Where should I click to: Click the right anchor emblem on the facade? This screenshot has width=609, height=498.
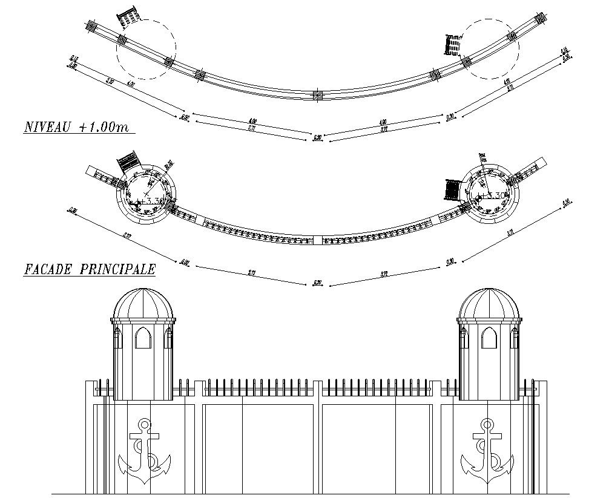pos(487,451)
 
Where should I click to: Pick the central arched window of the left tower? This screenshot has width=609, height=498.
pos(143,338)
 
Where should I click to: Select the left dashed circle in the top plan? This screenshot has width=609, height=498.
pos(146,48)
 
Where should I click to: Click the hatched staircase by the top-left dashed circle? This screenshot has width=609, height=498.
pos(129,17)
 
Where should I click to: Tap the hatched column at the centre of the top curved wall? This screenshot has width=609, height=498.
pos(317,95)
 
